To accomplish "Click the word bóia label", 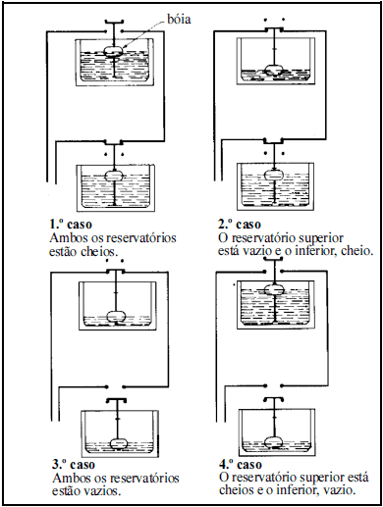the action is click(x=179, y=19).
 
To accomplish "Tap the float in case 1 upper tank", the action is click(x=114, y=51).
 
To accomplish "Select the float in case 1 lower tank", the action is click(x=114, y=176).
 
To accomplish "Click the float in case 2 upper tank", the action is click(x=274, y=70).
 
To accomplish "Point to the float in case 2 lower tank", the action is click(x=274, y=176).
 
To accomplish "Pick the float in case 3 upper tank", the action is click(x=117, y=317).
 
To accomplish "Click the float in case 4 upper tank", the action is click(x=274, y=289).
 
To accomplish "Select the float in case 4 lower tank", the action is click(x=274, y=442).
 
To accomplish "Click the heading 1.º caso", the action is click(x=71, y=225).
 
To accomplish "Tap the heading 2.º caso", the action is click(x=240, y=225).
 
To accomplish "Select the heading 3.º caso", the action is click(x=74, y=465).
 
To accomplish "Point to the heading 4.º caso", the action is click(x=241, y=465).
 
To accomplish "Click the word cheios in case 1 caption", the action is click(x=98, y=252).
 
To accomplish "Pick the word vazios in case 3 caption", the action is click(x=101, y=491).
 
